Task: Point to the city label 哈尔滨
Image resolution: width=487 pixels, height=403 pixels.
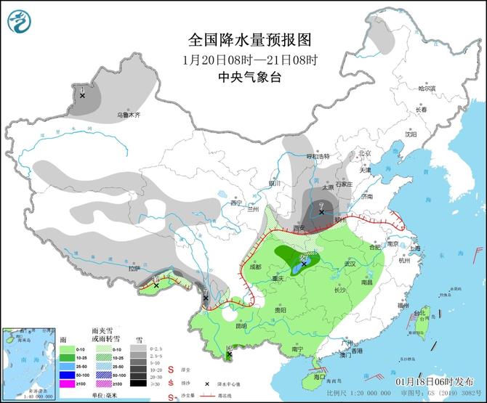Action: [x=427, y=89]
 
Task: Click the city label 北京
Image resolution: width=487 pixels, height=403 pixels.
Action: [x=364, y=153]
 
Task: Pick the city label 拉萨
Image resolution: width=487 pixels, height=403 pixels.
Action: [x=132, y=268]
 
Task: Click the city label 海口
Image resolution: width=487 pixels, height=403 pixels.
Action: [x=319, y=377]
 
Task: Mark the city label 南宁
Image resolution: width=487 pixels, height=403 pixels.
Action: [x=297, y=349]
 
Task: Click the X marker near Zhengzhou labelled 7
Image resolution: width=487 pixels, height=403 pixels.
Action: [x=321, y=212]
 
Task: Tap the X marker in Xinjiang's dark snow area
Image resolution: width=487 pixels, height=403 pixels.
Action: [x=83, y=95]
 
